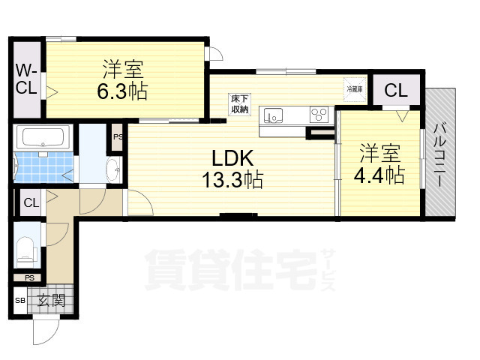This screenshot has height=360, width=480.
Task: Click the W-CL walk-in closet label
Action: pyautogui.click(x=26, y=79)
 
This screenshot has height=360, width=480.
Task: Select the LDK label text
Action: pyautogui.click(x=233, y=158)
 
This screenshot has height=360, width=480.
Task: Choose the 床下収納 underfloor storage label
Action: pyautogui.click(x=239, y=104)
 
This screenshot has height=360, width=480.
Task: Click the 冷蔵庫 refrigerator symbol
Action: pyautogui.click(x=354, y=89)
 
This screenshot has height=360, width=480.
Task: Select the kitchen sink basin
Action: pyautogui.click(x=274, y=115)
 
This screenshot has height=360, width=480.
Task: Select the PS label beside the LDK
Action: pyautogui.click(x=118, y=137)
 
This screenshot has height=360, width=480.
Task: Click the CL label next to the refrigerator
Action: pyautogui.click(x=396, y=91)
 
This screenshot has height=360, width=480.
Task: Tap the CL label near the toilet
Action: pyautogui.click(x=30, y=202)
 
